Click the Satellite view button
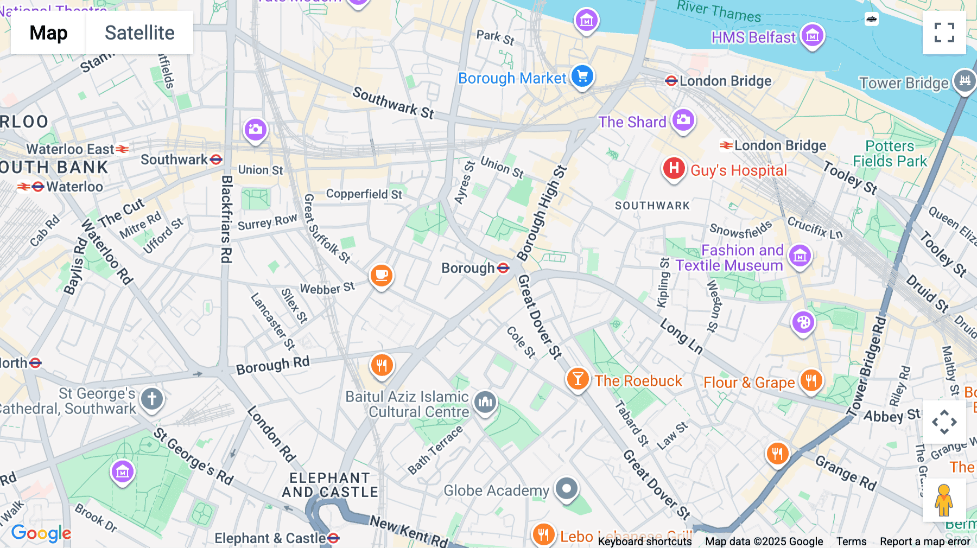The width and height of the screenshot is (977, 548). pyautogui.click(x=139, y=33)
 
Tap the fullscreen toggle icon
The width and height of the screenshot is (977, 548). pyautogui.click(x=944, y=33)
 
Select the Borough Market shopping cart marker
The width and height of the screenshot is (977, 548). pyautogui.click(x=582, y=77)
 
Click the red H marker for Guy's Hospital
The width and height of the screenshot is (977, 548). pyautogui.click(x=674, y=168)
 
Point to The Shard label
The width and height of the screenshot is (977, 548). pyautogui.click(x=632, y=122)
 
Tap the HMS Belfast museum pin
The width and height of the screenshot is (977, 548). pyautogui.click(x=812, y=36)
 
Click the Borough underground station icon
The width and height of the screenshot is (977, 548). pyautogui.click(x=503, y=268)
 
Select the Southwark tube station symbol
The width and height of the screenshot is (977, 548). pyautogui.click(x=216, y=160)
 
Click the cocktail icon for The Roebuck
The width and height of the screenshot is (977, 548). pyautogui.click(x=578, y=379)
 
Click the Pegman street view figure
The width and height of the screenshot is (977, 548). pyautogui.click(x=943, y=500)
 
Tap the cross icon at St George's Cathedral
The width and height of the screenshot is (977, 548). pyautogui.click(x=152, y=399)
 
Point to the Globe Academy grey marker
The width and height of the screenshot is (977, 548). pyautogui.click(x=567, y=489)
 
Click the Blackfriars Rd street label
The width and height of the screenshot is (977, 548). pyautogui.click(x=226, y=219)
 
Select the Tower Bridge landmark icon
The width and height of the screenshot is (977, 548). pyautogui.click(x=965, y=81)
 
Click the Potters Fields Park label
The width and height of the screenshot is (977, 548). pyautogui.click(x=890, y=154)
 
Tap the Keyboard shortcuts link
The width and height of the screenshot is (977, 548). pyautogui.click(x=644, y=541)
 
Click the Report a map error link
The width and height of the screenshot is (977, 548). pyautogui.click(x=925, y=541)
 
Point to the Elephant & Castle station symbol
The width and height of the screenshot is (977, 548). pyautogui.click(x=333, y=538)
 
